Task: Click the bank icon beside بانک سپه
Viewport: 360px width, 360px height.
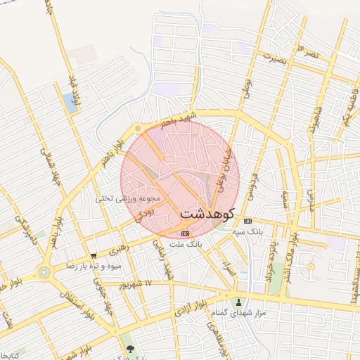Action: [247, 220]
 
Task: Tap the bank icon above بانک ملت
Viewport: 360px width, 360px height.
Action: [185, 233]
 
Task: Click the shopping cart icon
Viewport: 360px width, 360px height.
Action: [94, 256]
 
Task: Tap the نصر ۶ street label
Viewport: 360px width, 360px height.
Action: [310, 49]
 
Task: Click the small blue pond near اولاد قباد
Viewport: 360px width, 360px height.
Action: [70, 103]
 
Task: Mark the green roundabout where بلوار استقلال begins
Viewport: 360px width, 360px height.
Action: [44, 271]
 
